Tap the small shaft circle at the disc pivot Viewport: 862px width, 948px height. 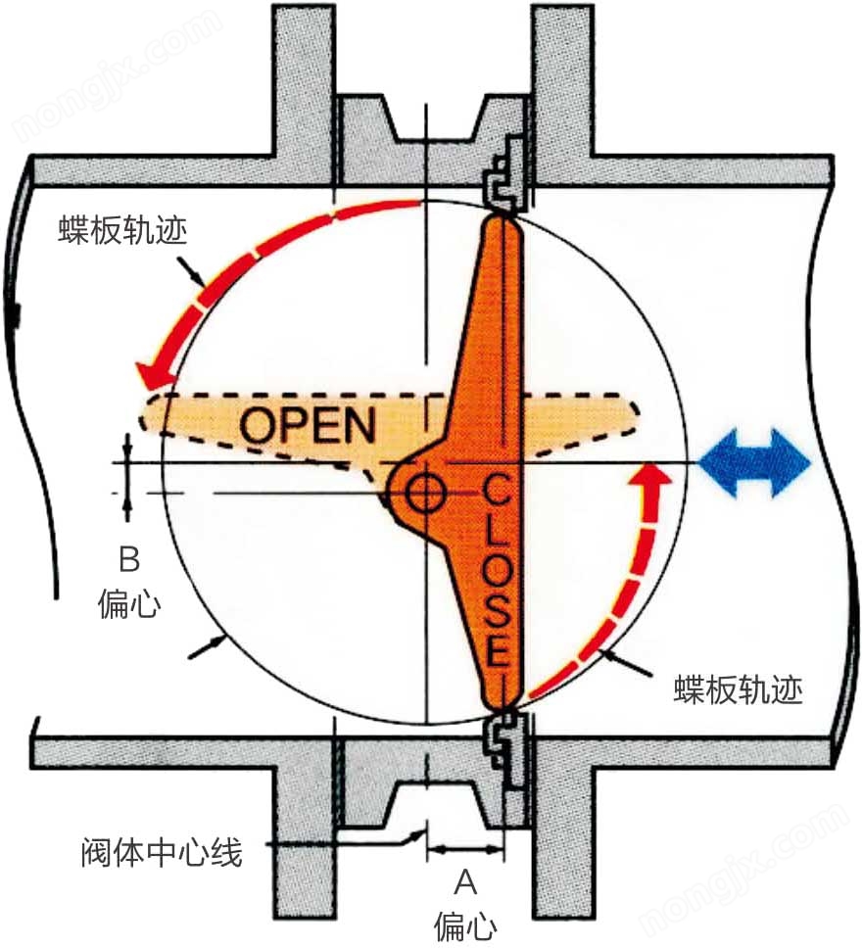425,492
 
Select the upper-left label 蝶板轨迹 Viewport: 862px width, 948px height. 120,232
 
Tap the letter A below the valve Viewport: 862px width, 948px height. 465,883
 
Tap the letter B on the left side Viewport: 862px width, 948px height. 129,560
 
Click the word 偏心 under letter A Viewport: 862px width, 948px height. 465,924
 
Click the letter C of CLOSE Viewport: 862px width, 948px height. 497,487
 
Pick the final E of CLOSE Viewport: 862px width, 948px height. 498,650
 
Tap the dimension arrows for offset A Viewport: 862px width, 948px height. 465,845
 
